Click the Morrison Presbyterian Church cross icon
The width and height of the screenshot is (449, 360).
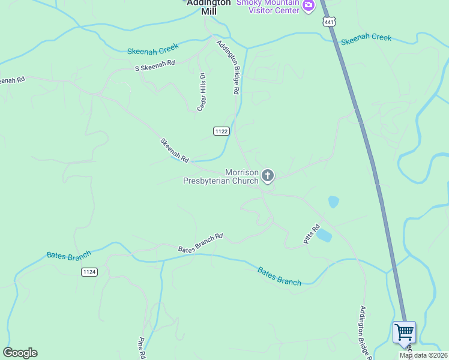click(x=268, y=176)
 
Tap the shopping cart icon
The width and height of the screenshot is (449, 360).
click(x=404, y=331)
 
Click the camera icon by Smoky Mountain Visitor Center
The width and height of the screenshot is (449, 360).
click(x=309, y=5)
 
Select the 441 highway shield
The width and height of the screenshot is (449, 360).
click(x=328, y=22)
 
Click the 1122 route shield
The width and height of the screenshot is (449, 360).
click(x=221, y=131)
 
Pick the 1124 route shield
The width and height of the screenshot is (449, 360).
click(x=89, y=272)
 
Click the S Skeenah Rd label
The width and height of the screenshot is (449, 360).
click(x=155, y=64)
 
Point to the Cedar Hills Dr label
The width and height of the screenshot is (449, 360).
click(x=202, y=92)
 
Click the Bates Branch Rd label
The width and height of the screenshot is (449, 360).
click(x=200, y=242)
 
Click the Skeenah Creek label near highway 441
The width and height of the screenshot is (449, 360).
click(x=366, y=39)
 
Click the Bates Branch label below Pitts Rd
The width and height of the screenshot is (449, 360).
click(x=279, y=276)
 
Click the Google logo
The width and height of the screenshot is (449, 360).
click(x=20, y=353)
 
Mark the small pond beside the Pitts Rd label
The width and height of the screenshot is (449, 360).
click(x=324, y=235)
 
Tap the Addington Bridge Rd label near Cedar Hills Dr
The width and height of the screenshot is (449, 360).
click(x=229, y=67)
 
